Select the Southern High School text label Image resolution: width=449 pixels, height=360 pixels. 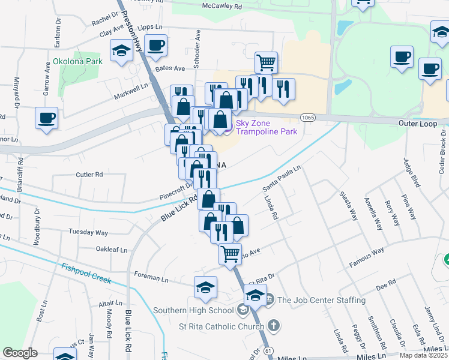point(193,310)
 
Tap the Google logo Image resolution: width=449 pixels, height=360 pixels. point(20,353)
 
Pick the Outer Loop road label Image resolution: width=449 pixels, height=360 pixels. point(415,122)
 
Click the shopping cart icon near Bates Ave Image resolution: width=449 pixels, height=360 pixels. point(266,62)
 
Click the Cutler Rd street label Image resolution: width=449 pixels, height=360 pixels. point(89,175)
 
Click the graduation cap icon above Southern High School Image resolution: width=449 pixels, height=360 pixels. point(205,286)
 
